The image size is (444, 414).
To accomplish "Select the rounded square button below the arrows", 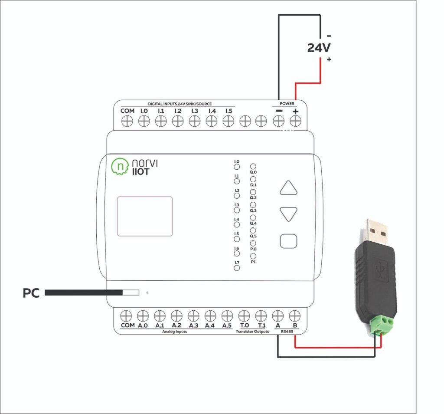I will [288, 241].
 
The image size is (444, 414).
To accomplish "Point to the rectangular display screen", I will [144, 216].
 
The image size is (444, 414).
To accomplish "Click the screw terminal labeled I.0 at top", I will [144, 122].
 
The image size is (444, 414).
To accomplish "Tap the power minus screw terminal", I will [278, 122].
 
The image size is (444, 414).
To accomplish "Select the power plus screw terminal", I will [295, 122].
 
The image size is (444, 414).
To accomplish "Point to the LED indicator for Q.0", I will [253, 166].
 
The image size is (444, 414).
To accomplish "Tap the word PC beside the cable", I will [31, 293].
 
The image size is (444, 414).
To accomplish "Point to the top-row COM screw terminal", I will [127, 122].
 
